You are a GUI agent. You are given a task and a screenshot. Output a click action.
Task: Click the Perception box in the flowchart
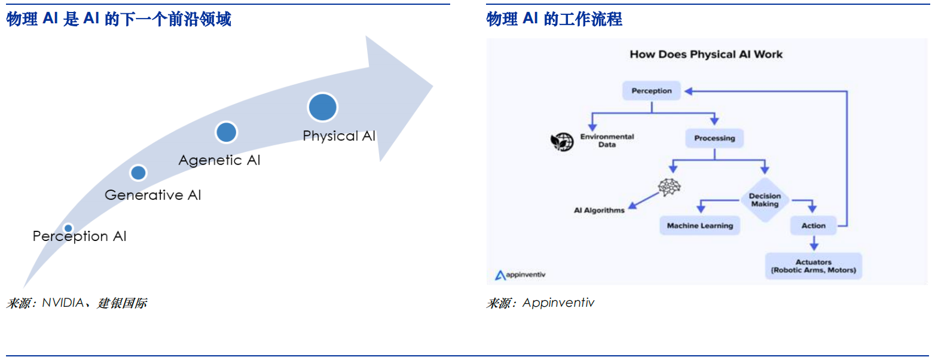(x=651, y=91)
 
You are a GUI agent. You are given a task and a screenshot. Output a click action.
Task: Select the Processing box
(x=714, y=138)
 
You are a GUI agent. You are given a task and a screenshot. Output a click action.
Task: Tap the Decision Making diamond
(x=765, y=200)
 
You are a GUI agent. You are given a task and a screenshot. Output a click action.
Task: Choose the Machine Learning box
(x=699, y=225)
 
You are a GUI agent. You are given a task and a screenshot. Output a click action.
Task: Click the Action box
(x=813, y=225)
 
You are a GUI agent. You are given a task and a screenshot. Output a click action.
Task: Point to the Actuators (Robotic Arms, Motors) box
(x=813, y=266)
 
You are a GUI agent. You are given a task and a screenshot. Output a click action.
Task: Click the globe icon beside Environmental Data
(x=561, y=141)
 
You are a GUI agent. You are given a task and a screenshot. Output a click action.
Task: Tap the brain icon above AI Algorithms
(x=669, y=187)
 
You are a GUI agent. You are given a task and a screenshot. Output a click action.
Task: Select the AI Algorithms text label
(x=599, y=210)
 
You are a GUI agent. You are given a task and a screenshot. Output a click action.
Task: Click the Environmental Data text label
(x=607, y=141)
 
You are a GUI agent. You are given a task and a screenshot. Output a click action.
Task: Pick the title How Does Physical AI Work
(x=706, y=54)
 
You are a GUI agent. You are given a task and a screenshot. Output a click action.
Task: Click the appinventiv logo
(x=520, y=275)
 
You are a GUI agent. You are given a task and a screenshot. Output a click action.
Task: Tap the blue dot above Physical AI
(x=322, y=107)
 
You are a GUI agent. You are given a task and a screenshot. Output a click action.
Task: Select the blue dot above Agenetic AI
(x=226, y=132)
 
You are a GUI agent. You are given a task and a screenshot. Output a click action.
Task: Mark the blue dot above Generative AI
(x=138, y=173)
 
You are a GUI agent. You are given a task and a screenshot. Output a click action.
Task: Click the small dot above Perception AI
(x=68, y=228)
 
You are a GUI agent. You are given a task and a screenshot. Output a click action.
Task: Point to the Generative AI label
(x=152, y=195)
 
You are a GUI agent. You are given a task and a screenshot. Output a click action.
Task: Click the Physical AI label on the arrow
(x=339, y=136)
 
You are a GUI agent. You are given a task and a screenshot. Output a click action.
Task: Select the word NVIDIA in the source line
(x=63, y=303)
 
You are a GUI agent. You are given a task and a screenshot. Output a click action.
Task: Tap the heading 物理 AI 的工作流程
(x=554, y=20)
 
